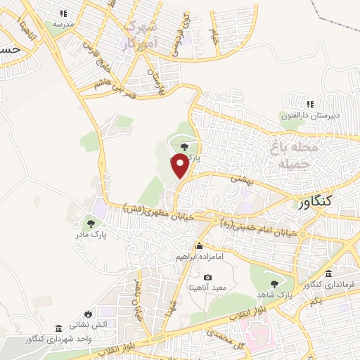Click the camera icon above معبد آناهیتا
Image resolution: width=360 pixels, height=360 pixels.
click(x=208, y=278)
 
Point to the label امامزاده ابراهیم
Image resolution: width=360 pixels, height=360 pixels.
click(x=200, y=257)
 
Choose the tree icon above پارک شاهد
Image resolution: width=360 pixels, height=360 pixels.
click(x=274, y=283)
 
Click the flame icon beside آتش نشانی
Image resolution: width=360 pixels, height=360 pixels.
click(x=88, y=314)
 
